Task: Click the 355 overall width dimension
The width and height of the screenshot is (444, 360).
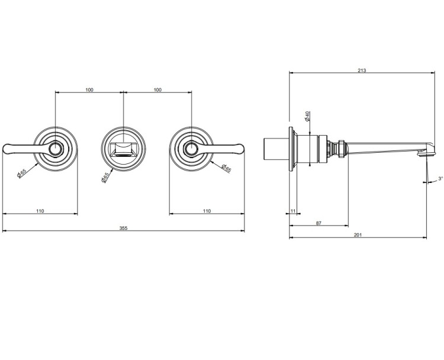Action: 124,228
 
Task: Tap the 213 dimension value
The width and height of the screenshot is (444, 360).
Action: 362,70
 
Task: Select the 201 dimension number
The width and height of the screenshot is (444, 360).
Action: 358,235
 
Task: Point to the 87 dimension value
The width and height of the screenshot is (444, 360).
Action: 319,223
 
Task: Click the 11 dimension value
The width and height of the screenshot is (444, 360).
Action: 293,211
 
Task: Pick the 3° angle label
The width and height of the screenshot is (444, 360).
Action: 440,178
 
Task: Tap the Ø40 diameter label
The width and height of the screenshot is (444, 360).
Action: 307,116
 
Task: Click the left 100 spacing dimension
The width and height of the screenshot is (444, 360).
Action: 89,90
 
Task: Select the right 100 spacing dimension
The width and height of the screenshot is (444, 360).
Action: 157,90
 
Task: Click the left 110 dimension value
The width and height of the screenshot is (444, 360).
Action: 40,211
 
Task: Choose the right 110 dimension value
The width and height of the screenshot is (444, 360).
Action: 207,211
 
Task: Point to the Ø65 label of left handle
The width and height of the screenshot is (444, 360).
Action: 22,173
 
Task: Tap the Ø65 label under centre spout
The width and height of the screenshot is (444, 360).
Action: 105,177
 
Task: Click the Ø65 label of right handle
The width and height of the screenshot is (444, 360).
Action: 226,168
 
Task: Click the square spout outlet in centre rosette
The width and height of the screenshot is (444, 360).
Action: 124,149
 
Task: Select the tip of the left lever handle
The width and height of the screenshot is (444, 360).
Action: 4,149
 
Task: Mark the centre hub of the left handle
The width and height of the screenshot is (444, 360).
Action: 55,149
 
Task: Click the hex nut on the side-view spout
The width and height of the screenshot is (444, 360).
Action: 342,148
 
